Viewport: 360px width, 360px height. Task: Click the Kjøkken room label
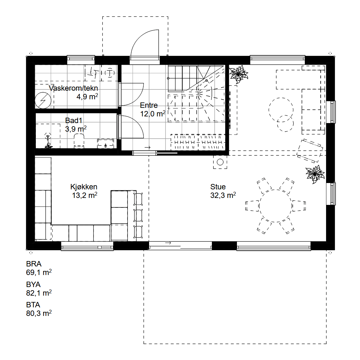[x=84, y=187]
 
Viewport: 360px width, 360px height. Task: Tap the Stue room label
[x=218, y=187]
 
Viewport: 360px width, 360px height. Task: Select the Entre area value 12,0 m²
[x=153, y=114]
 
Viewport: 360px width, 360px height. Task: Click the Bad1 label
[x=74, y=120]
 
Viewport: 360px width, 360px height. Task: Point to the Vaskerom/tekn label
[x=74, y=88]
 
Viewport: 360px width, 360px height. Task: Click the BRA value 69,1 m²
[x=39, y=272]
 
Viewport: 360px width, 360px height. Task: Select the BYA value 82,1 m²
[x=39, y=293]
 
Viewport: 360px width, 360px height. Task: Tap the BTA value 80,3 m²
[x=39, y=313]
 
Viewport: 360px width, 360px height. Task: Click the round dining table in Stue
[x=276, y=206]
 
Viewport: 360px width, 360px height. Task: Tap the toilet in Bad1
[x=79, y=141]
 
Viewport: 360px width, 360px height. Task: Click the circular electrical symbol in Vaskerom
[x=43, y=100]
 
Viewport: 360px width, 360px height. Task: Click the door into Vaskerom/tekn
[x=131, y=94]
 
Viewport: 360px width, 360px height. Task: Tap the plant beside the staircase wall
[x=239, y=74]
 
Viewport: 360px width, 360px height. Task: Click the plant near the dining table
[x=315, y=174]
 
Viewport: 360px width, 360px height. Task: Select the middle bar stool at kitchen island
[x=138, y=215]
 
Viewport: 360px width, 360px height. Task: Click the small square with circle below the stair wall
[x=220, y=162]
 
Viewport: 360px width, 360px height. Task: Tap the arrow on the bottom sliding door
[x=168, y=243]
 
